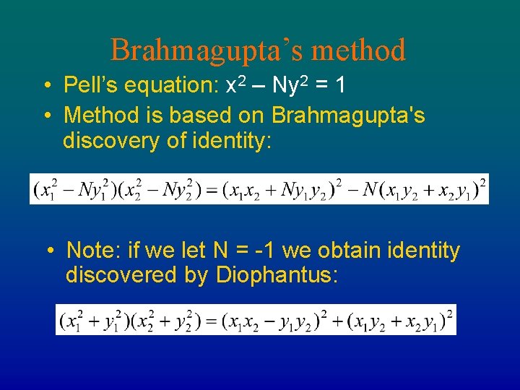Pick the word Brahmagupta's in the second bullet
click(x=348, y=114)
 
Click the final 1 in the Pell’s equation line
click(x=339, y=85)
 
